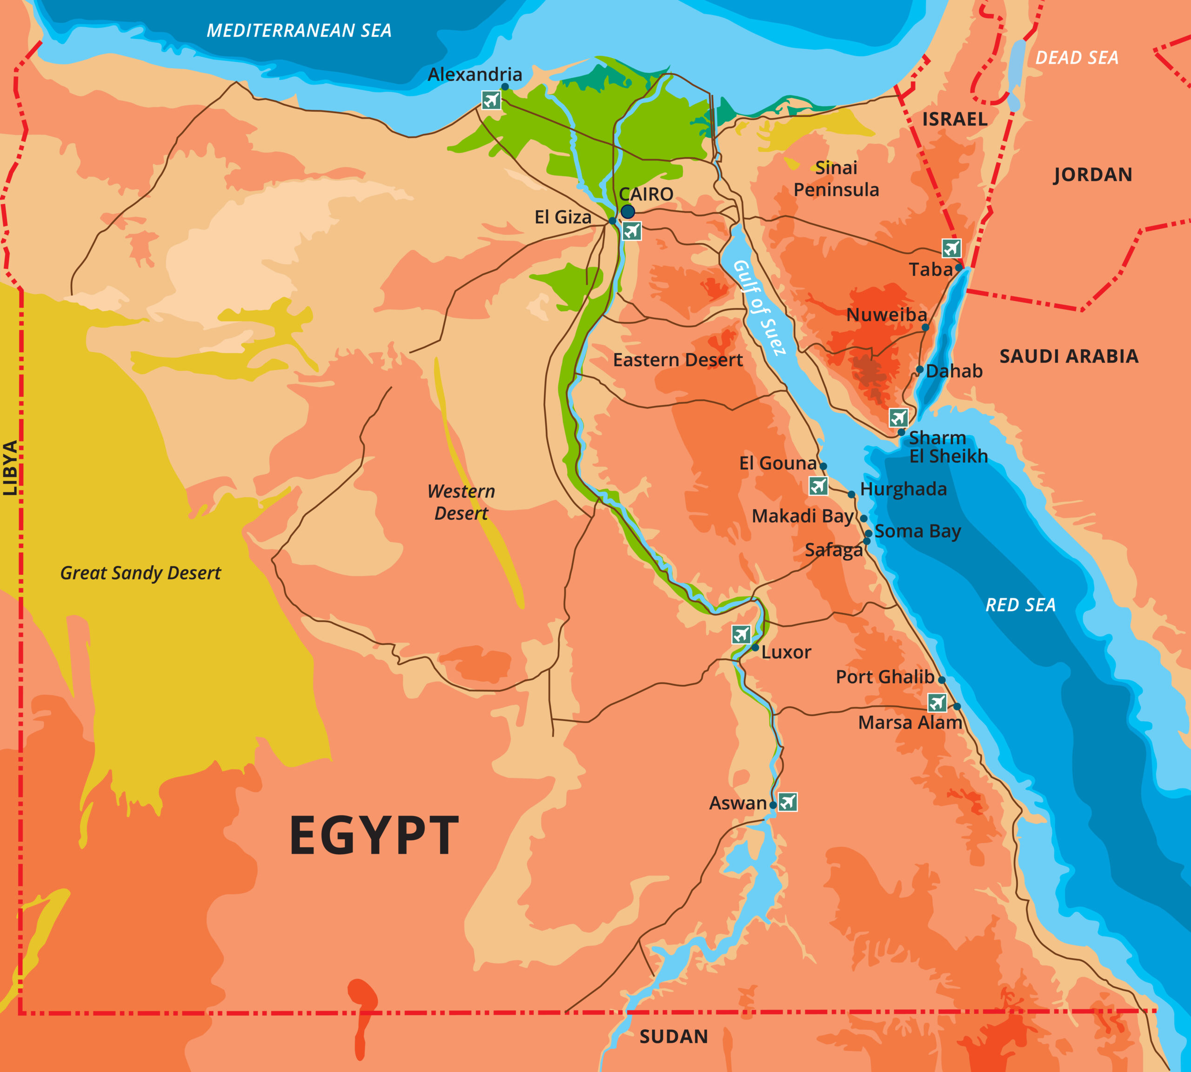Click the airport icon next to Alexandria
coord(491,100)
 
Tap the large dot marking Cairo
coord(628,211)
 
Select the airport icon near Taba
coord(951,248)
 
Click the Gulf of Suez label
coord(759,308)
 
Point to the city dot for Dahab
coord(919,370)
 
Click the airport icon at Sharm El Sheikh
coord(898,418)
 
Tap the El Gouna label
coord(777,463)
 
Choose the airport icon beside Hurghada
coord(818,486)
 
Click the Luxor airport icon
coord(741,634)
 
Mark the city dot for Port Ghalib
coord(941,680)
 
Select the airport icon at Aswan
coord(788,802)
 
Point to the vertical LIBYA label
coord(10,468)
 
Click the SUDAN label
coord(673,1037)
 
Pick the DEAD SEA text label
coord(1077,58)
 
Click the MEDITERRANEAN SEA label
coord(299,31)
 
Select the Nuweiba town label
coord(886,315)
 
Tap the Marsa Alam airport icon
coord(937,702)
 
